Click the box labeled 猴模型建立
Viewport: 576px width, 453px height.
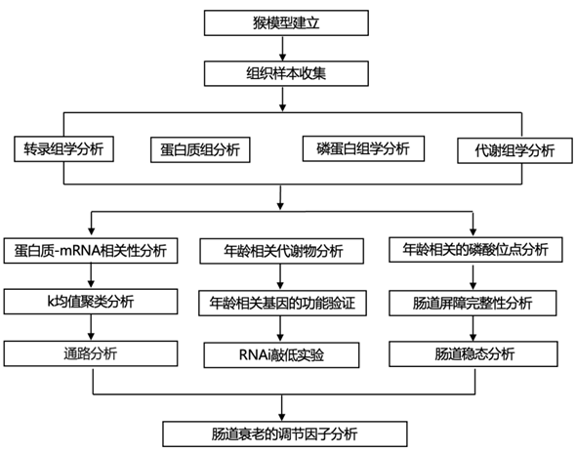click(286, 22)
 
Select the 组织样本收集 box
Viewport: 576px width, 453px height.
click(286, 73)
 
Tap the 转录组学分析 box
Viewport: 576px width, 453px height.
click(63, 148)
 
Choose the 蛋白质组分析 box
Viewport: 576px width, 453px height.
click(200, 149)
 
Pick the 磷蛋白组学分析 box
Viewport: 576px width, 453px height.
click(363, 148)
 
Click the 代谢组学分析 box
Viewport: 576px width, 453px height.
click(514, 150)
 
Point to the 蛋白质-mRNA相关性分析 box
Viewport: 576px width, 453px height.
click(91, 251)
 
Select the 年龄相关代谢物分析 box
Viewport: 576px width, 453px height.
click(282, 251)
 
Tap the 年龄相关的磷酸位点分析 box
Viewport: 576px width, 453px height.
click(475, 250)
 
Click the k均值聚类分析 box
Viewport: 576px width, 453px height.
click(91, 302)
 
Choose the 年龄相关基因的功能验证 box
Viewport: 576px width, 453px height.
click(282, 303)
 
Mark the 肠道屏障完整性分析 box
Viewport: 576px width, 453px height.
click(473, 303)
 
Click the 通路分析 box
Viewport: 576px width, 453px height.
click(91, 353)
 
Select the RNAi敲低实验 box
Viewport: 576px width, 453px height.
click(281, 355)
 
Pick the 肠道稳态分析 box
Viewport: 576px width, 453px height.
click(473, 353)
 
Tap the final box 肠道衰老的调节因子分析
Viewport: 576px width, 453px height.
click(285, 433)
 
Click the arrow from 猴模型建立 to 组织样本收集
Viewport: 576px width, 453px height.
click(282, 49)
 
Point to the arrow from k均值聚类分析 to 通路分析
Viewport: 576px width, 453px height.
click(91, 328)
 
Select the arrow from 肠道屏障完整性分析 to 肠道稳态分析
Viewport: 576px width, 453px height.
click(473, 328)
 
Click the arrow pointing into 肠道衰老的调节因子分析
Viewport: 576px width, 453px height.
click(282, 408)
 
